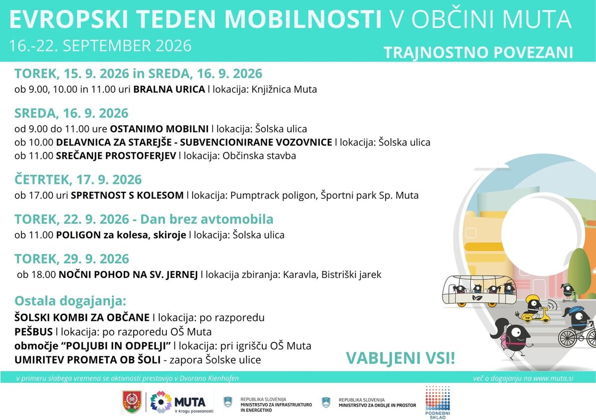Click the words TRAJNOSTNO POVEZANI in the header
(x=478, y=53)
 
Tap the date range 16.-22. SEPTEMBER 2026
(x=100, y=46)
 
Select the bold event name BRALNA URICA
(x=169, y=89)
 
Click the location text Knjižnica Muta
(x=284, y=89)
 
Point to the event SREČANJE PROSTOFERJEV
(x=116, y=156)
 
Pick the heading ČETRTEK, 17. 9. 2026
(x=78, y=180)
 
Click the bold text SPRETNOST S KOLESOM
(x=127, y=195)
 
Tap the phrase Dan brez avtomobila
(x=207, y=219)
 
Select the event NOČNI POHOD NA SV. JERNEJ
(x=128, y=274)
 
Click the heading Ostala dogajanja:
(x=70, y=301)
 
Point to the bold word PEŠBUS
(x=34, y=332)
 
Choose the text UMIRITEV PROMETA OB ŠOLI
(x=87, y=360)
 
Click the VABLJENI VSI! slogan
(x=401, y=358)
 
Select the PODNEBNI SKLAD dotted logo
(x=438, y=403)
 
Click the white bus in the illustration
(x=479, y=291)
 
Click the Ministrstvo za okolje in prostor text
(x=377, y=406)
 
